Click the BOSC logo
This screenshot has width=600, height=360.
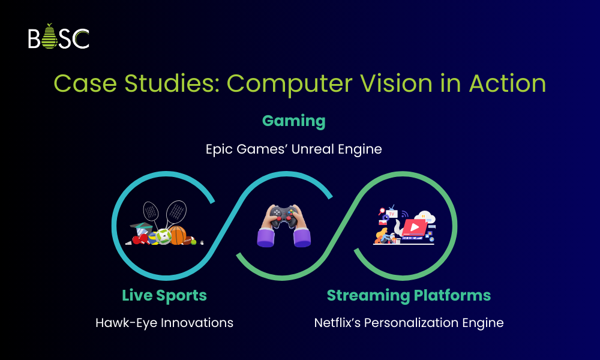click(58, 37)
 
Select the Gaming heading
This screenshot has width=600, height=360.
click(294, 121)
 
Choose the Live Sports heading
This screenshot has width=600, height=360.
click(164, 295)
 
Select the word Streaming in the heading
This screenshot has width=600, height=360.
click(365, 295)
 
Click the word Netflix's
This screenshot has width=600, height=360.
click(338, 322)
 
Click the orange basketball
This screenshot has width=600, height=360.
click(178, 235)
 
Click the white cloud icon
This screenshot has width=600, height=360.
click(427, 218)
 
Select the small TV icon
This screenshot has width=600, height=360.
click(392, 213)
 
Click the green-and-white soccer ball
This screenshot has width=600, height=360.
click(163, 236)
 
